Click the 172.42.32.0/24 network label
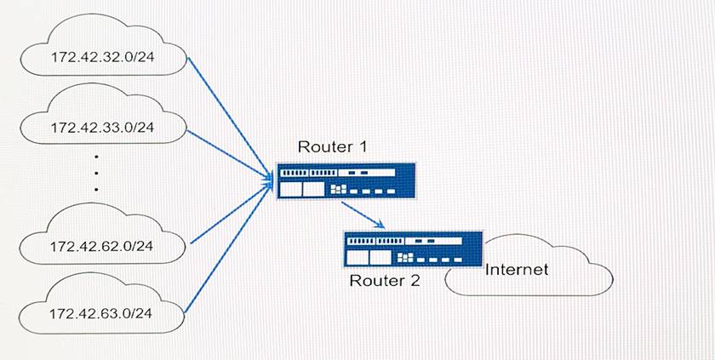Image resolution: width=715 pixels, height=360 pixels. (101, 60)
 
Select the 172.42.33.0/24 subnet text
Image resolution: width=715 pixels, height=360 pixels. (101, 128)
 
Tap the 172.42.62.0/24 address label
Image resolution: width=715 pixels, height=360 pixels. (101, 246)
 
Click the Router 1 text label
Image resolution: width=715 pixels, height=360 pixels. (332, 148)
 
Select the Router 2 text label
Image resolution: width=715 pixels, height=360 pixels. (385, 280)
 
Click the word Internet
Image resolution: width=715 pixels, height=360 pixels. (516, 270)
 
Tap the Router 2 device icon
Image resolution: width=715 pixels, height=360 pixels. (412, 249)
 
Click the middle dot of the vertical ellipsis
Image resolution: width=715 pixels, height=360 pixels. (96, 173)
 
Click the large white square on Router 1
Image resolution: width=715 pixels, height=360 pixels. (313, 187)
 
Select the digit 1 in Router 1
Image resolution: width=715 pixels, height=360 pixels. (363, 148)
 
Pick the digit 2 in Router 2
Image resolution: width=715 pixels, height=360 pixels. (415, 280)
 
